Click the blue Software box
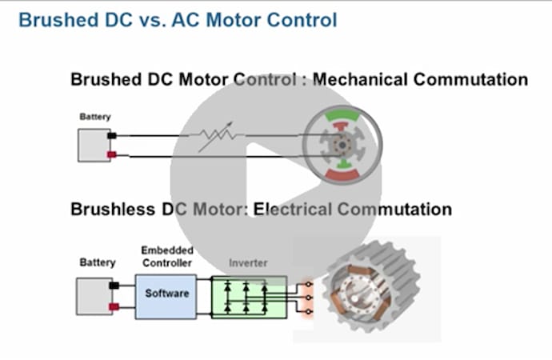(x=166, y=294)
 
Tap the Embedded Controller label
(x=166, y=257)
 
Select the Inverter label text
(x=248, y=262)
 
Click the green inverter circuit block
(x=248, y=294)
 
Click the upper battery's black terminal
(x=112, y=135)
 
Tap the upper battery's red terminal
(x=112, y=154)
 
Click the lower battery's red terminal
(x=114, y=306)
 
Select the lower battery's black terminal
(x=114, y=285)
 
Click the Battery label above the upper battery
(x=95, y=117)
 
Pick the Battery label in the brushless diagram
(x=98, y=262)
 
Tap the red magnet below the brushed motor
(x=342, y=172)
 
